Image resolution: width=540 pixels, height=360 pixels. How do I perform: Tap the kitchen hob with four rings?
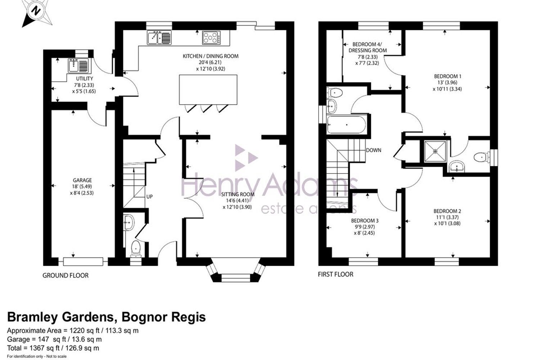point(211,37)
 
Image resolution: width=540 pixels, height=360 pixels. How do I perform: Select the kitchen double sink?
point(159,37)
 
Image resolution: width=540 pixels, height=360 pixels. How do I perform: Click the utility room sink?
point(78,66)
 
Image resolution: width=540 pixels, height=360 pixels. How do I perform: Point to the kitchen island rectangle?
point(208,89)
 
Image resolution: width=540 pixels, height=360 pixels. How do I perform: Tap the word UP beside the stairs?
point(149,197)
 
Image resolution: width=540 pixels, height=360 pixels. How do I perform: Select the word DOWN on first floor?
point(374,150)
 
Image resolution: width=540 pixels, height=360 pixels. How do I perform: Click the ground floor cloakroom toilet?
point(136,249)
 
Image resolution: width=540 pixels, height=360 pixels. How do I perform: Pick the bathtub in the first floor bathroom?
point(346,125)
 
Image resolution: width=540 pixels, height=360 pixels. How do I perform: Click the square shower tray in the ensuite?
point(435,151)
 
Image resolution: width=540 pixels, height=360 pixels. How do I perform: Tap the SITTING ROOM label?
point(238,194)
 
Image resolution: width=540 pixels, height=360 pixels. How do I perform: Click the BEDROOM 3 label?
point(365,221)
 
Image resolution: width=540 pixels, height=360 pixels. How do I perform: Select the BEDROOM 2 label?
point(447,211)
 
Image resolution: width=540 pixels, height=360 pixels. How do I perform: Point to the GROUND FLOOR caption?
point(66,275)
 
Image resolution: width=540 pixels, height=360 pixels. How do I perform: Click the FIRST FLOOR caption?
point(336,274)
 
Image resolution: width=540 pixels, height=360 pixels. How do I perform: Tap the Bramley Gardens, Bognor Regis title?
point(107,317)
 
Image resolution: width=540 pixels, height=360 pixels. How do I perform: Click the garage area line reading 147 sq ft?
point(54,339)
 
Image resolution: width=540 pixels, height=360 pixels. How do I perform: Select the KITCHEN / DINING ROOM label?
point(211,56)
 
